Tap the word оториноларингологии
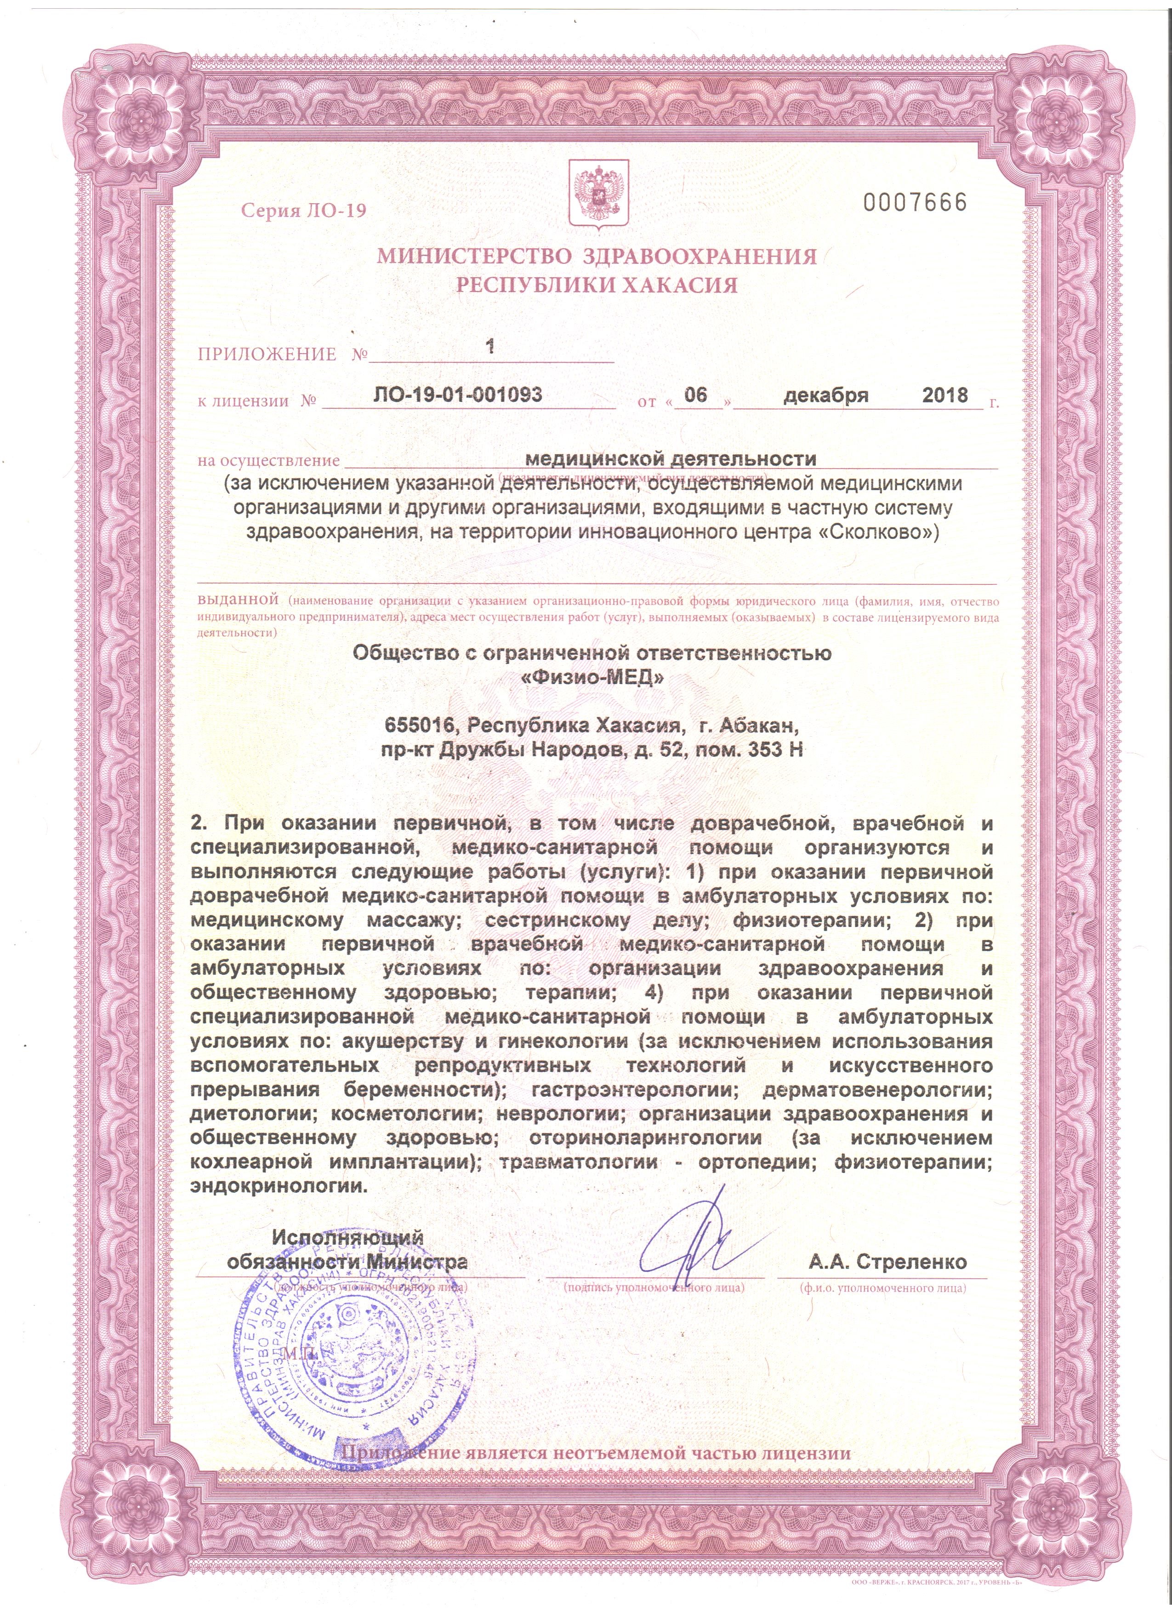pos(646,1138)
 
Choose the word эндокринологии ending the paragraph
pos(279,1186)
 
